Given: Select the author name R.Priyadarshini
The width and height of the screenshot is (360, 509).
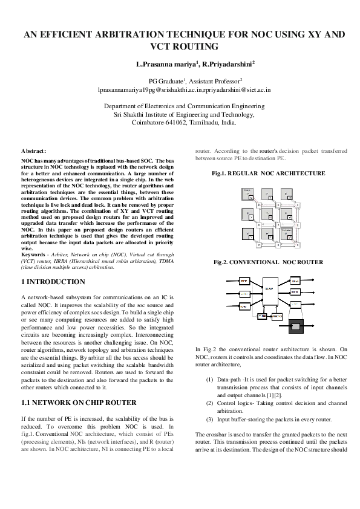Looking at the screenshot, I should [x=226, y=63].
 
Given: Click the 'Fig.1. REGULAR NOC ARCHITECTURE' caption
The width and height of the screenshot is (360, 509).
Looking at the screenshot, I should [x=268, y=173].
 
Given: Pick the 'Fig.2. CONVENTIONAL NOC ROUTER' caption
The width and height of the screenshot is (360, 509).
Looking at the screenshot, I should [x=268, y=262].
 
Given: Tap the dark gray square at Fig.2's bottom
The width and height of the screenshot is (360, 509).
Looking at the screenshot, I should [x=296, y=326].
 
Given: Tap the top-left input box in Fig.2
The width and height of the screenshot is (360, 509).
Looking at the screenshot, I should [x=243, y=282].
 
